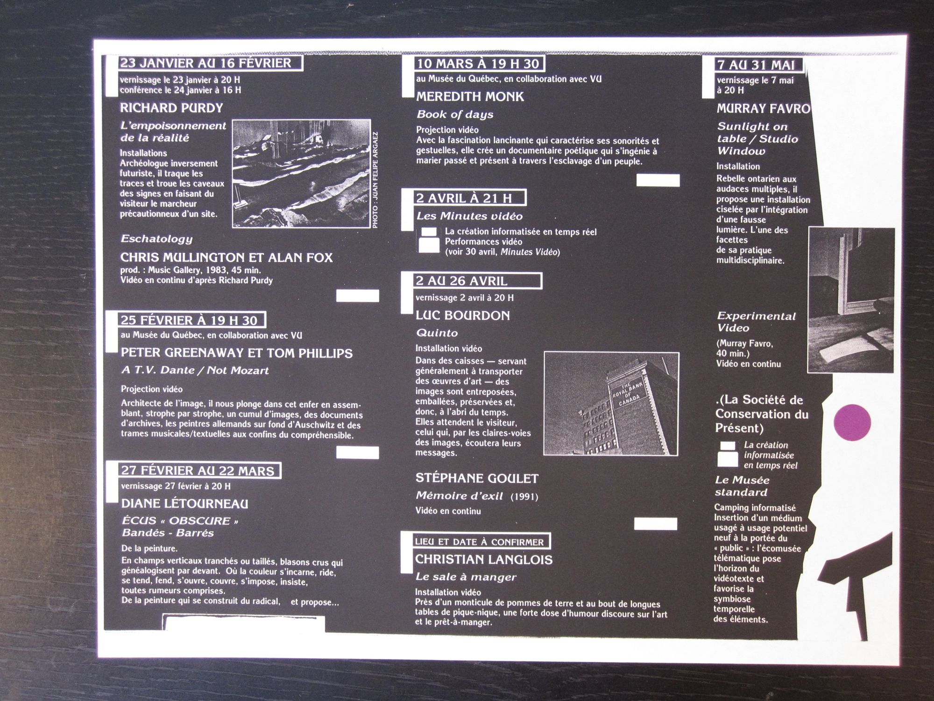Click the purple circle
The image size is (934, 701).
point(852,422)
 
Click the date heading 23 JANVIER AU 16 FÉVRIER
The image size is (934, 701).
point(205,63)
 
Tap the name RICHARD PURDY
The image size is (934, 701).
point(171,108)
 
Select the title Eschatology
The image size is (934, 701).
point(156,239)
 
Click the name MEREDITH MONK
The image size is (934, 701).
point(470,97)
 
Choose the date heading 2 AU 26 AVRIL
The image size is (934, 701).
point(461,281)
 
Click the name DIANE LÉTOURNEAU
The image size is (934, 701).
point(184,503)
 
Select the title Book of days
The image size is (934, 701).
point(455,114)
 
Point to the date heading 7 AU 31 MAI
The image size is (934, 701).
point(756,65)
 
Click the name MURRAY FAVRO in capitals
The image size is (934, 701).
point(763,109)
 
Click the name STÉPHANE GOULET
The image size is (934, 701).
point(477,478)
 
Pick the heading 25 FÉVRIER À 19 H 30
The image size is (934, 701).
point(189,320)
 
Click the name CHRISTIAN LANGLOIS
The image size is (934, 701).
point(484,559)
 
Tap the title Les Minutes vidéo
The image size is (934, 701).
point(469,216)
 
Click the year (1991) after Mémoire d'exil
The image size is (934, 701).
point(524,496)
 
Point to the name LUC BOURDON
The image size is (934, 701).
point(463,315)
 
